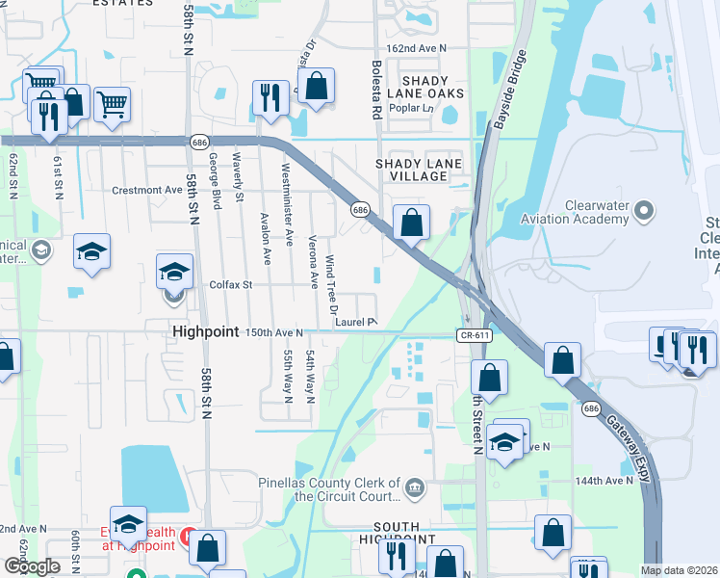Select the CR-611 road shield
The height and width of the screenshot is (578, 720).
point(472,334)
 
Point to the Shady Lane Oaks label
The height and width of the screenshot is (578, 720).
point(425,87)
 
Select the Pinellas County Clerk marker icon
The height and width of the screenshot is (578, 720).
point(414,486)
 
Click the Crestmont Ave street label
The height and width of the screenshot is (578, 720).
point(146,190)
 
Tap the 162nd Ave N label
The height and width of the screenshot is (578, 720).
point(417,47)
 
